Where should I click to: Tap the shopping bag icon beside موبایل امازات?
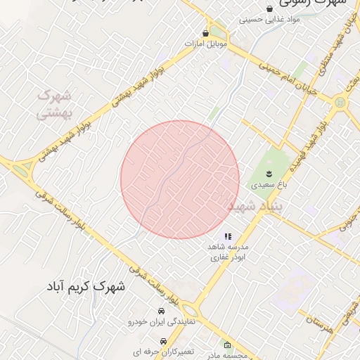coord(205,33)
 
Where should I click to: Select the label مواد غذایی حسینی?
coord(270,20)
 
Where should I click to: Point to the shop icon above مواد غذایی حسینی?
coord(269,8)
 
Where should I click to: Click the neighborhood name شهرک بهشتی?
coord(55,103)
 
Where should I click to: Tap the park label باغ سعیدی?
coord(267,185)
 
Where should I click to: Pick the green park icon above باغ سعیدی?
coord(268,173)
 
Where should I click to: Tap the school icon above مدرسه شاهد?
coord(228,237)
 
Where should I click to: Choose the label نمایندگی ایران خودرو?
coord(162,322)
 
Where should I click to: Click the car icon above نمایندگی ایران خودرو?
coord(162,311)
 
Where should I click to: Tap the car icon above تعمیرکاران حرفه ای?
coord(163,340)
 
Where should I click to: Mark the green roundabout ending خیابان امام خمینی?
coord(341,103)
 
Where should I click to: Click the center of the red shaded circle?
coord(180,180)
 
